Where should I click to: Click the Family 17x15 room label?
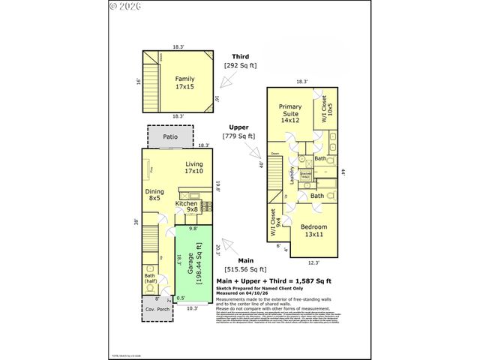click(184, 82)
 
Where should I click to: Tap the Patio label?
click(170, 137)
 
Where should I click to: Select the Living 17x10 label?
click(194, 167)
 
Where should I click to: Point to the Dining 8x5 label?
click(154, 195)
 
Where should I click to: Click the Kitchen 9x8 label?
click(187, 206)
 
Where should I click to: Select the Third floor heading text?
click(240, 55)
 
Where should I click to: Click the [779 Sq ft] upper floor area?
click(239, 136)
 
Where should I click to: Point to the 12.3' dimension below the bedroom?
click(314, 262)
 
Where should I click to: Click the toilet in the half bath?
click(151, 288)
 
